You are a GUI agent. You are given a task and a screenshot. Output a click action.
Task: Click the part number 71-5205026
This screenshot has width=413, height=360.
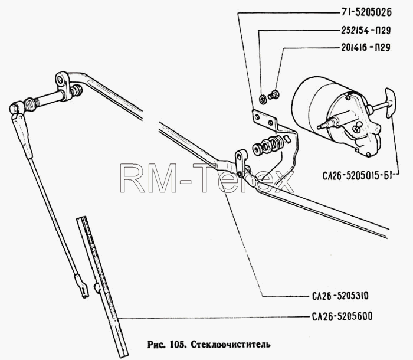[366, 12]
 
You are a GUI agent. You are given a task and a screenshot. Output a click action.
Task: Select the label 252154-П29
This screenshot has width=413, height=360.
[366, 31]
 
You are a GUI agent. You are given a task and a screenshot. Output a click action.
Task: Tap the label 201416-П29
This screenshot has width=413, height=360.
[366, 48]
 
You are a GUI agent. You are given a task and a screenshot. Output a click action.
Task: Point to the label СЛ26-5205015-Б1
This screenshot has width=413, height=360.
[357, 176]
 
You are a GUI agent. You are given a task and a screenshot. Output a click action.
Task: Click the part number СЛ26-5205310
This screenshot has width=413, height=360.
[340, 296]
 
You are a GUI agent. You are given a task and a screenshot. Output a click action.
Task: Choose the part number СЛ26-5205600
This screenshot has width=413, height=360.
[342, 316]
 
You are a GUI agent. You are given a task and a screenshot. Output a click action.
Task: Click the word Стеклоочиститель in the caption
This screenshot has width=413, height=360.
[231, 344]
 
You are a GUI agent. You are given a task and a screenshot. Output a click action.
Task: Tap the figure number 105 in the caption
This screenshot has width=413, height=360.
[179, 344]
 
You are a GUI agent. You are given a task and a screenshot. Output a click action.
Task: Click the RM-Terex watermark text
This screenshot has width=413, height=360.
[207, 178]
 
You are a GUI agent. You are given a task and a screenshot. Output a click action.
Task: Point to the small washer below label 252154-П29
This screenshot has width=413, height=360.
[263, 99]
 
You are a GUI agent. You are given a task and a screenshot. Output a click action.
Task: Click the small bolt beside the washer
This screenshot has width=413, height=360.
[274, 94]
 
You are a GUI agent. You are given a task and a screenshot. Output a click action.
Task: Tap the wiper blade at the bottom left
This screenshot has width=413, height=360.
[102, 286]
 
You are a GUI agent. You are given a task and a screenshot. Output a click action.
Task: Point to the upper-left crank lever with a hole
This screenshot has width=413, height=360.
[63, 84]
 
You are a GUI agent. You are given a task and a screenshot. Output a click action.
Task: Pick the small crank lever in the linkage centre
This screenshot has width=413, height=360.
[240, 163]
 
